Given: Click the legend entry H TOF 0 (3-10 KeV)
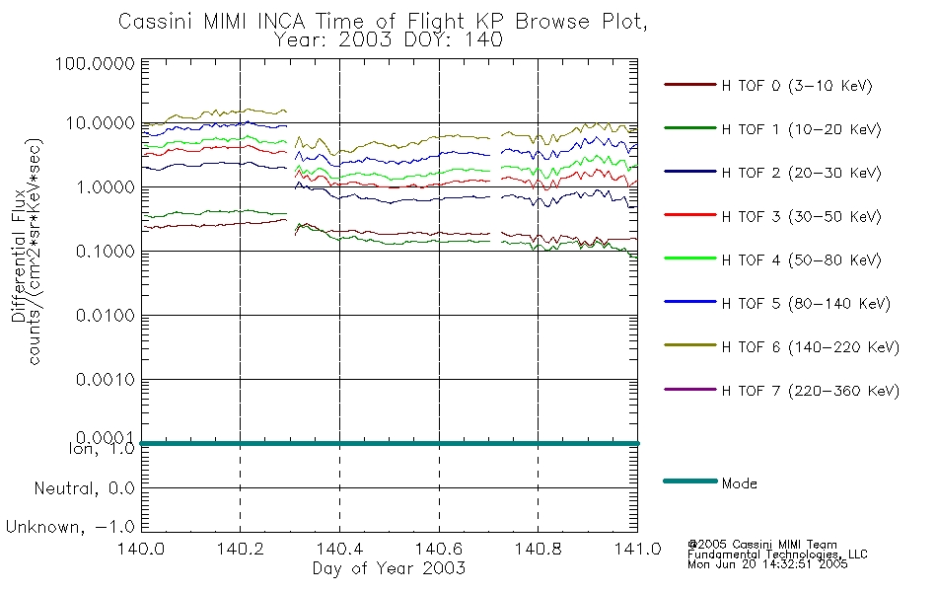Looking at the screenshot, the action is point(797,86).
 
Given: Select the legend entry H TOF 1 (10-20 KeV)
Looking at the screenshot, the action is point(801,129).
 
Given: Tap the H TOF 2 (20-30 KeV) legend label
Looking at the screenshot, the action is point(801,173).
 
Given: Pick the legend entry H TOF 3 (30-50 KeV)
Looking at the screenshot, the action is point(801,216).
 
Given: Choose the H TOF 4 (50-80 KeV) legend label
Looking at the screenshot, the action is point(801,260).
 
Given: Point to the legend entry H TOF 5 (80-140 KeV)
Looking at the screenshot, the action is point(806,304).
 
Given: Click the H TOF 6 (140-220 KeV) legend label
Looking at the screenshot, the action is point(811,347).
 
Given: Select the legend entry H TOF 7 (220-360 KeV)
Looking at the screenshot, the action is point(811,391).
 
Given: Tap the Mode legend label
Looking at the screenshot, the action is point(739,483).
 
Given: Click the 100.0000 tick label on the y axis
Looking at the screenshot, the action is point(95,63).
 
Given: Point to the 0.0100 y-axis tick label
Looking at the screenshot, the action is point(106,315).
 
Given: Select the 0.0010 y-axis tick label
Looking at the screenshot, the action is point(106,380).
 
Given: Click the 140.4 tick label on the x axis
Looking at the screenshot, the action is point(340,549).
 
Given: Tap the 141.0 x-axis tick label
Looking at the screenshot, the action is point(637,549).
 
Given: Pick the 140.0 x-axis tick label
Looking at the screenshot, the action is point(141,549).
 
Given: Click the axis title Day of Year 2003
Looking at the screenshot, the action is point(389,568).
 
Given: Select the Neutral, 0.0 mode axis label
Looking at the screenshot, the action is point(84,488).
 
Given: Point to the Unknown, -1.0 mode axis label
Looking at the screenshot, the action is point(70,527).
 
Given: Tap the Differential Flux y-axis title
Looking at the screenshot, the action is point(19,256).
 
